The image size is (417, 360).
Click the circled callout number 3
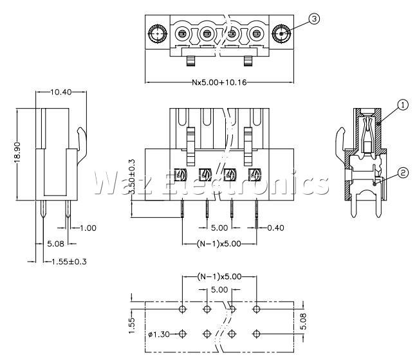coord(314,19)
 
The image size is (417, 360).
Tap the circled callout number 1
coord(403,105)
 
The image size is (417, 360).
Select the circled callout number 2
coord(403,173)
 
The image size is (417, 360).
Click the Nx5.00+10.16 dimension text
coord(219,82)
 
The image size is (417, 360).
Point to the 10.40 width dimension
coord(61,92)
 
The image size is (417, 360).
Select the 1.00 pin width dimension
coord(88,228)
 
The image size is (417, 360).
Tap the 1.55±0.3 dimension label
coord(69,262)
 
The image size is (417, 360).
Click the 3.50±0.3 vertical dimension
coord(131,177)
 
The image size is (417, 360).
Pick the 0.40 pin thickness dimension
coord(275,228)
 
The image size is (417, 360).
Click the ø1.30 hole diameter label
coord(159,334)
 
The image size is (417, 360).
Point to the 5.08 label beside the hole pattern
coord(303,321)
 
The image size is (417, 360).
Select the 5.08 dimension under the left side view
coord(55,244)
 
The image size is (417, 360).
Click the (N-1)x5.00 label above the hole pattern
coord(219,276)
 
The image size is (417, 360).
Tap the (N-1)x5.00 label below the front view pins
coord(219,244)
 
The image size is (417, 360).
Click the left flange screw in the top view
coord(158,33)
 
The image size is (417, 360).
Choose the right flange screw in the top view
coord(281,33)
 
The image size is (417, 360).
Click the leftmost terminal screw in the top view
coord(182,34)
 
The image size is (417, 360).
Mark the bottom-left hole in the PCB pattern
coord(182,334)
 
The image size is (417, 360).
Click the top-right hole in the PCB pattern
coord(256,309)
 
